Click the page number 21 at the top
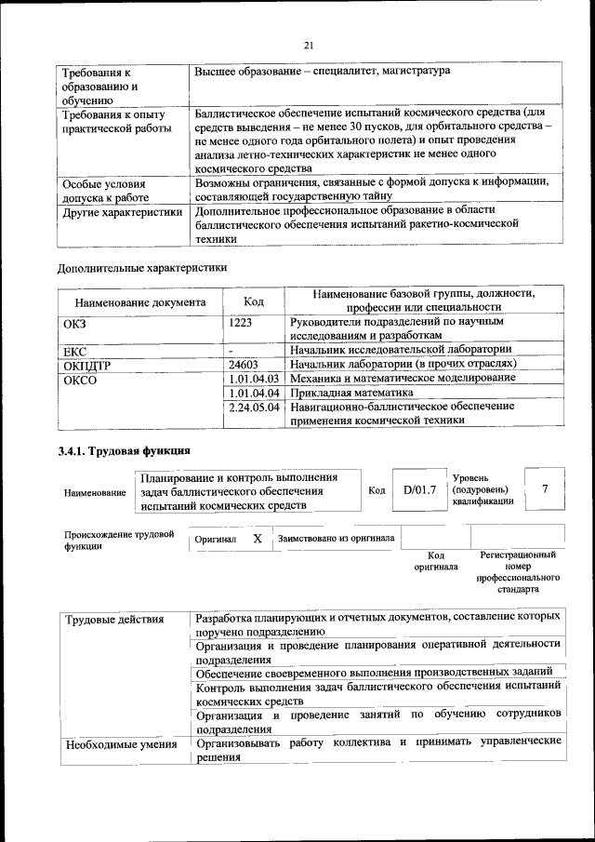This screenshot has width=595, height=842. point(309,44)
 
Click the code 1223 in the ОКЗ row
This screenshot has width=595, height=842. point(243,321)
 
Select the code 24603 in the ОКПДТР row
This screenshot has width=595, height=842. point(246,365)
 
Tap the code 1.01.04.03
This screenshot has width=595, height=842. point(254,379)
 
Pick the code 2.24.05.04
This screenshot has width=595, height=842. point(254,407)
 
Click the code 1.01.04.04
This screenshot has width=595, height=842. point(254,393)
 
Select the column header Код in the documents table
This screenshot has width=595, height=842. point(253,301)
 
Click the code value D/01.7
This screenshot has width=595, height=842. point(419,489)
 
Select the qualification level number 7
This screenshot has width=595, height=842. point(545,489)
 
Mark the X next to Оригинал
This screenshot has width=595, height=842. point(258,539)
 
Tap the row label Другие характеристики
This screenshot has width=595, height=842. point(121,212)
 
